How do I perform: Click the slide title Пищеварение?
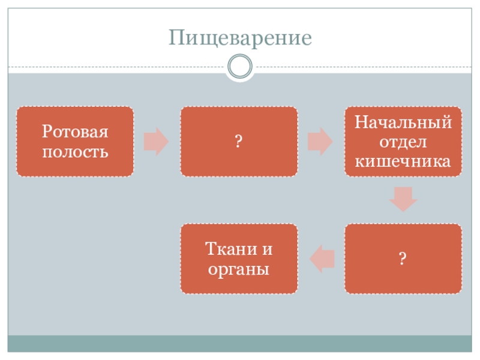[240, 38]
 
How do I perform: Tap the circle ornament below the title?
[240, 67]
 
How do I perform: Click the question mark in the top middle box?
[238, 142]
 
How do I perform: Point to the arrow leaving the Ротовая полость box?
[157, 142]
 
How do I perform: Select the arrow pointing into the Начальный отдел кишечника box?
[320, 142]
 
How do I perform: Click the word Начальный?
[403, 124]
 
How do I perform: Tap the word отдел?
[403, 142]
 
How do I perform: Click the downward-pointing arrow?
[403, 198]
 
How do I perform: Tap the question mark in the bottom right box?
[403, 259]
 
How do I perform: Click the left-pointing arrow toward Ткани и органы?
[322, 259]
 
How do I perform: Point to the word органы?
[238, 269]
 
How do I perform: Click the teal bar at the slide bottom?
[240, 343]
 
